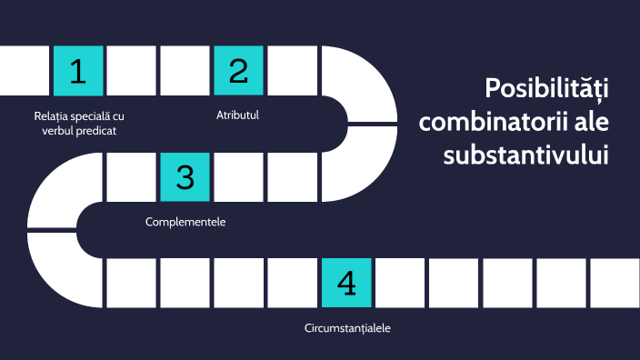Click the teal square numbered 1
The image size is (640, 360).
coord(78,71)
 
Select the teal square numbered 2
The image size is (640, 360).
coord(238,71)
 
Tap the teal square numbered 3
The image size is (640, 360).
coord(185,176)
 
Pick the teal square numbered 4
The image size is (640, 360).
coord(345,283)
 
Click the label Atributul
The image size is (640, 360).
coord(238,115)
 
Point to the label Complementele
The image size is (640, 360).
coord(185,222)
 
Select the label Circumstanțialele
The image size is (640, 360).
coord(347,327)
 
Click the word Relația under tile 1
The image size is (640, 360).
coord(51,116)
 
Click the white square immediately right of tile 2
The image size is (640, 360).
coord(292,71)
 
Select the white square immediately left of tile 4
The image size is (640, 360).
coord(292,283)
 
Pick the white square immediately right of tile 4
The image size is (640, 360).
coord(399,283)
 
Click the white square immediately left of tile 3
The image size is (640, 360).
coord(132,176)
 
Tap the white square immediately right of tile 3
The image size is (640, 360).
coord(238,176)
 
